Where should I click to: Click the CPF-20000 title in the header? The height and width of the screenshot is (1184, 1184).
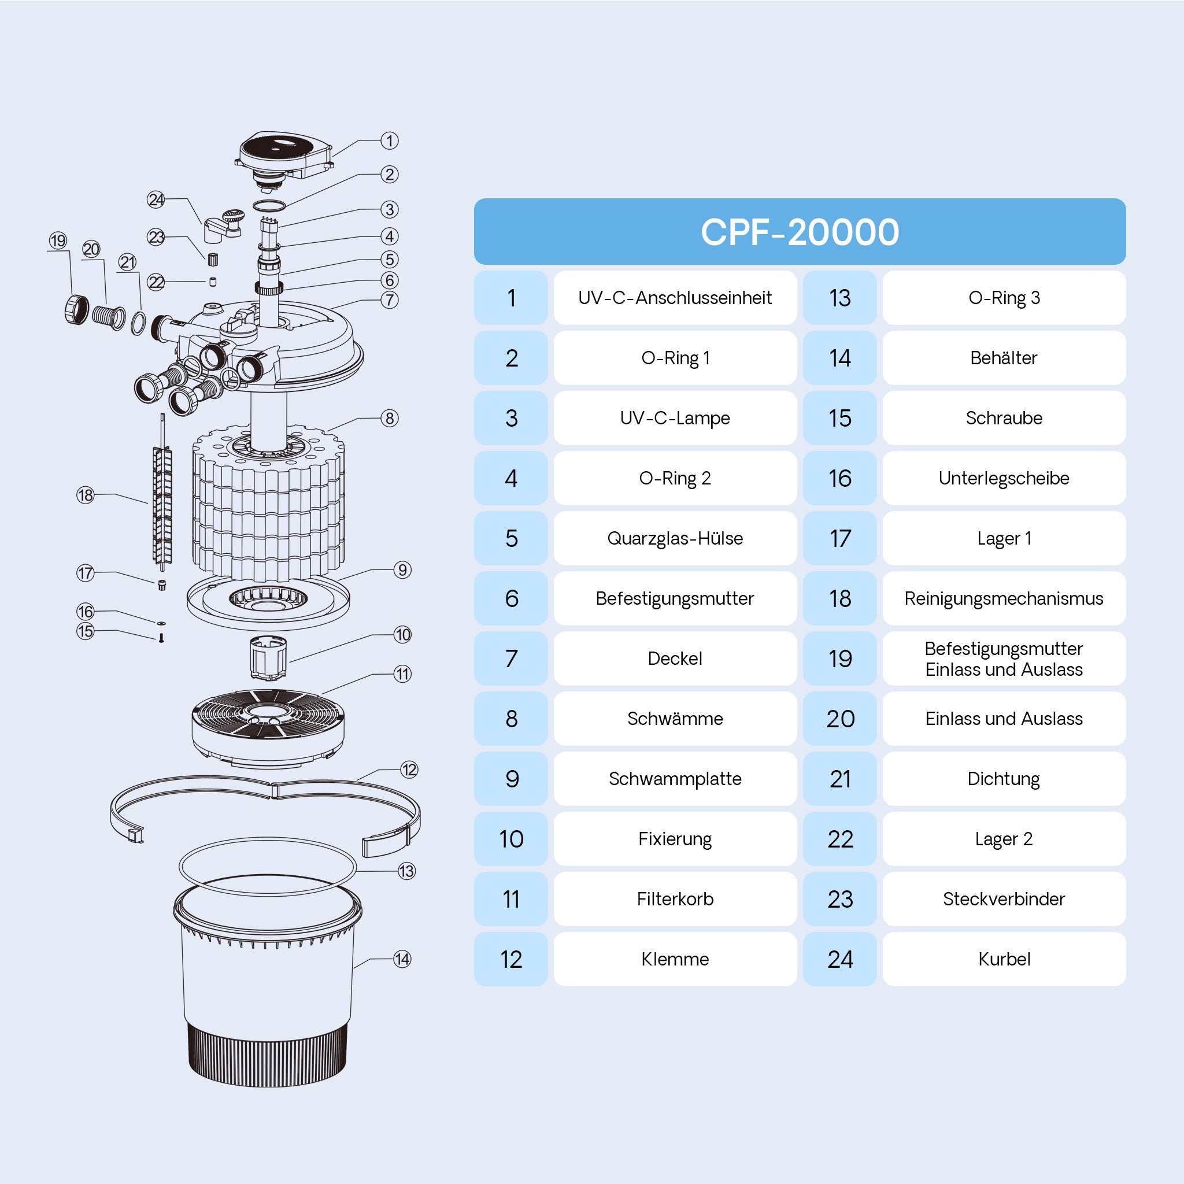click(x=799, y=232)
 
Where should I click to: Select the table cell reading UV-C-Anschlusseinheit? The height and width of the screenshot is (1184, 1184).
click(x=675, y=298)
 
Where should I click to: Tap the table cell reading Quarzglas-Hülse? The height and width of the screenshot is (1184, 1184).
click(x=675, y=538)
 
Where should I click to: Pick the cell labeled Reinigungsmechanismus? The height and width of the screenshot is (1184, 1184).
click(x=1003, y=598)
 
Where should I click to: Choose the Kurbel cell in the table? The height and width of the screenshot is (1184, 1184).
click(x=1003, y=959)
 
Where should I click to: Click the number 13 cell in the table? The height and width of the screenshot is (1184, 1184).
click(x=839, y=298)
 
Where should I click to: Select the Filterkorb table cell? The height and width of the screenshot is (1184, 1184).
click(x=675, y=899)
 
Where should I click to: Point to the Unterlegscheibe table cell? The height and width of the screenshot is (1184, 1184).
click(x=1003, y=478)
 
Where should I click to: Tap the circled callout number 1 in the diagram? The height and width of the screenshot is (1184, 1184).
click(x=390, y=140)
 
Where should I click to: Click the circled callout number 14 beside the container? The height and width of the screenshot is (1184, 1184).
click(x=402, y=959)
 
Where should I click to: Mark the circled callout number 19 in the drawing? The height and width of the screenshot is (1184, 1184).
click(x=58, y=240)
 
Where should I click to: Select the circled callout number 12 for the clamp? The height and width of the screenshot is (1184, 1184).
click(x=409, y=769)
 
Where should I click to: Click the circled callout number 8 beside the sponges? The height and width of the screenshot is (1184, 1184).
click(x=390, y=418)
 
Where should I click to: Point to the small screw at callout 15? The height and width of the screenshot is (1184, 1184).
click(x=161, y=638)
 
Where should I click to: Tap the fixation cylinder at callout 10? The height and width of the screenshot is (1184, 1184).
click(x=268, y=657)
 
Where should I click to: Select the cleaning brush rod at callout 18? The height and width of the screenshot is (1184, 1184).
click(x=162, y=502)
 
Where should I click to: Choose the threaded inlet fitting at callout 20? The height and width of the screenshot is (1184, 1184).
click(x=109, y=316)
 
